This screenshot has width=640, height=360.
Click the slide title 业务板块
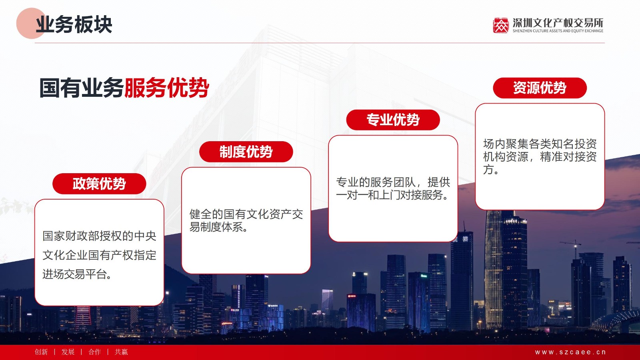click(74, 24)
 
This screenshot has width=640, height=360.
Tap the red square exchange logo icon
click(500, 26)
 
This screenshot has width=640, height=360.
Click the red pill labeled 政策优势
click(99, 184)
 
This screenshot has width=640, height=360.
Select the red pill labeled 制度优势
click(246, 152)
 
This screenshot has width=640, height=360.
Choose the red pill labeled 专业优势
click(393, 120)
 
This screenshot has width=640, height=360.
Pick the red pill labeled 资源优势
click(540, 88)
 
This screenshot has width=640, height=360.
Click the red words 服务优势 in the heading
click(166, 88)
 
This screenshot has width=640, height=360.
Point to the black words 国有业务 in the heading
click(82, 88)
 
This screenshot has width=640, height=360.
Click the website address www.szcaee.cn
click(570, 352)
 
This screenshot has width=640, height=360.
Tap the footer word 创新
click(41, 352)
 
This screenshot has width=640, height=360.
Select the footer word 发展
click(68, 352)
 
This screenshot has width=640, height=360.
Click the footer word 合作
click(94, 352)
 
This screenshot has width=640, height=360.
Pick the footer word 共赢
click(121, 352)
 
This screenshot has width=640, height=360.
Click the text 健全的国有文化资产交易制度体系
click(246, 220)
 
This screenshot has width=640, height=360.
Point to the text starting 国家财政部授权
click(99, 255)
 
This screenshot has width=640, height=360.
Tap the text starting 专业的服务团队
click(393, 188)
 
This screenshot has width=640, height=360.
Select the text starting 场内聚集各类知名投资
click(540, 156)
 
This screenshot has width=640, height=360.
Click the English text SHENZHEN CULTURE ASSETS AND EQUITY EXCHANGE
click(558, 31)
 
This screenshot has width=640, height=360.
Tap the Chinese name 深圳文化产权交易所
click(558, 22)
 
